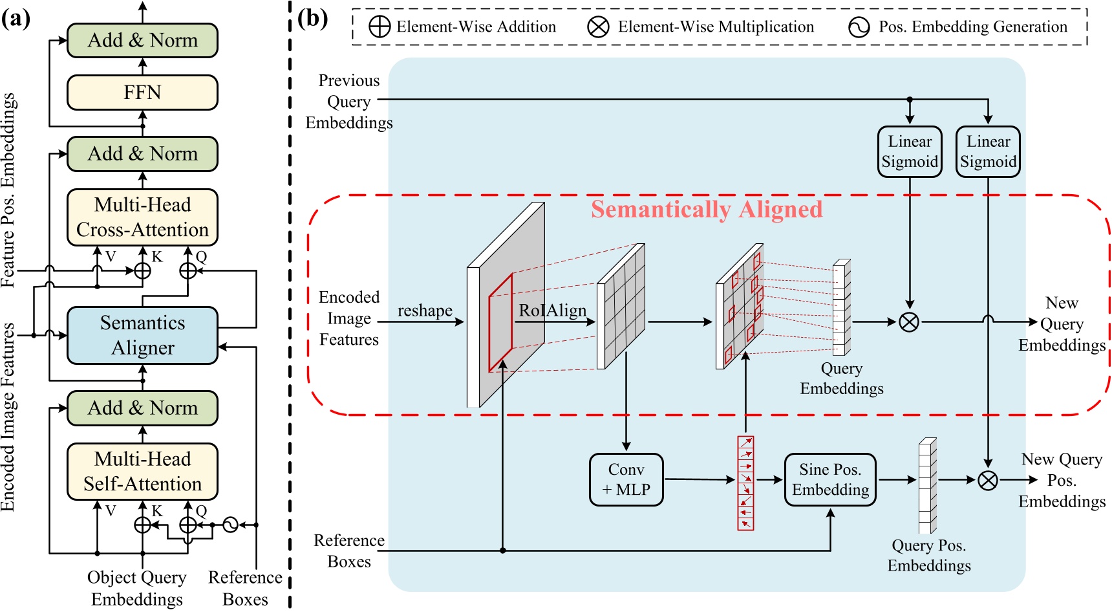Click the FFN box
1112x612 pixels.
click(x=142, y=93)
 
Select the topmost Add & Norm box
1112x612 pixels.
click(x=142, y=40)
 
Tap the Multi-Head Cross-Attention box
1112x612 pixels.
click(x=142, y=217)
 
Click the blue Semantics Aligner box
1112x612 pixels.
click(x=142, y=335)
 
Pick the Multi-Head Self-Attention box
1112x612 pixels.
click(x=142, y=472)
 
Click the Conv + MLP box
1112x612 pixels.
click(x=626, y=479)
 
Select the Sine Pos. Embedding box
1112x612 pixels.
click(x=830, y=479)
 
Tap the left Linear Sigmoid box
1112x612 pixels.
click(x=910, y=151)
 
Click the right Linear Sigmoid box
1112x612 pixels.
click(x=988, y=151)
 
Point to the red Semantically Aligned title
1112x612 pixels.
click(x=706, y=210)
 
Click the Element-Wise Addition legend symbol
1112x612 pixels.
click(x=380, y=27)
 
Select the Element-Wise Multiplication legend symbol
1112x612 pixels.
click(x=598, y=27)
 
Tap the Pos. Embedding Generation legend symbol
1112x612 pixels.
click(x=859, y=27)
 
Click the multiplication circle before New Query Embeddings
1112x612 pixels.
click(x=909, y=322)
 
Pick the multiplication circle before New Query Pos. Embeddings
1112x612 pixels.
click(x=987, y=480)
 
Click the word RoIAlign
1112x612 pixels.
click(x=552, y=311)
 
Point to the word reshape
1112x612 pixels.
click(x=425, y=311)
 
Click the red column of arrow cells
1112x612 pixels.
click(x=745, y=483)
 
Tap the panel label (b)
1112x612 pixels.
click(x=313, y=18)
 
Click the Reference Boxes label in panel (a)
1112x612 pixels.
click(x=245, y=587)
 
